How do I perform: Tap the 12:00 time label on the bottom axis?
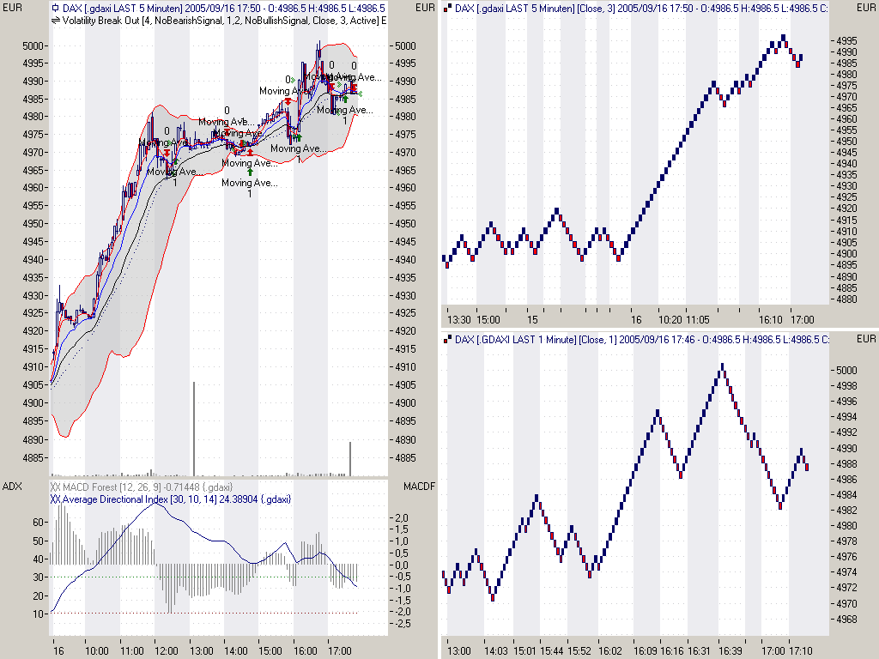point(166,651)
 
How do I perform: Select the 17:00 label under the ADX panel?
point(340,651)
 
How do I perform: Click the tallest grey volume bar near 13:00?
point(194,428)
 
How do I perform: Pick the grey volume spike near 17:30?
point(350,458)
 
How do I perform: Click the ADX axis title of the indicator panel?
point(13,487)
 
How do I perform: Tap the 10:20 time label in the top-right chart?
point(671,319)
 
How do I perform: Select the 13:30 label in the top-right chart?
point(460,319)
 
